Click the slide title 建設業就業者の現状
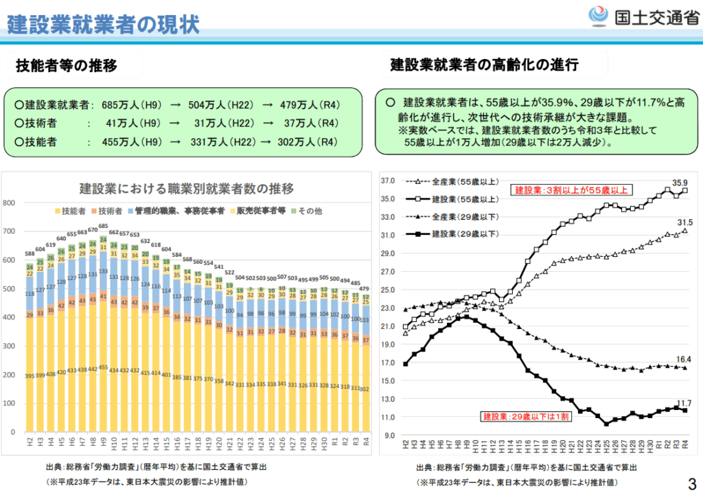[103, 24]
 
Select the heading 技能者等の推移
[67, 65]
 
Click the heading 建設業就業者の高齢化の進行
[484, 65]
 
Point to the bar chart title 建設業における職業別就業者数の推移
[186, 188]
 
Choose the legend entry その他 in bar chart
[308, 211]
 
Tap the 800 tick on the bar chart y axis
[9, 203]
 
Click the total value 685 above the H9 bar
[104, 227]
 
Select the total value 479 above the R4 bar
[365, 288]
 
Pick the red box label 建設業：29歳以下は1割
[525, 416]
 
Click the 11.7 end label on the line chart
[683, 403]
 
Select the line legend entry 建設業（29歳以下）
[463, 234]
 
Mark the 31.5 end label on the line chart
[683, 222]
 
